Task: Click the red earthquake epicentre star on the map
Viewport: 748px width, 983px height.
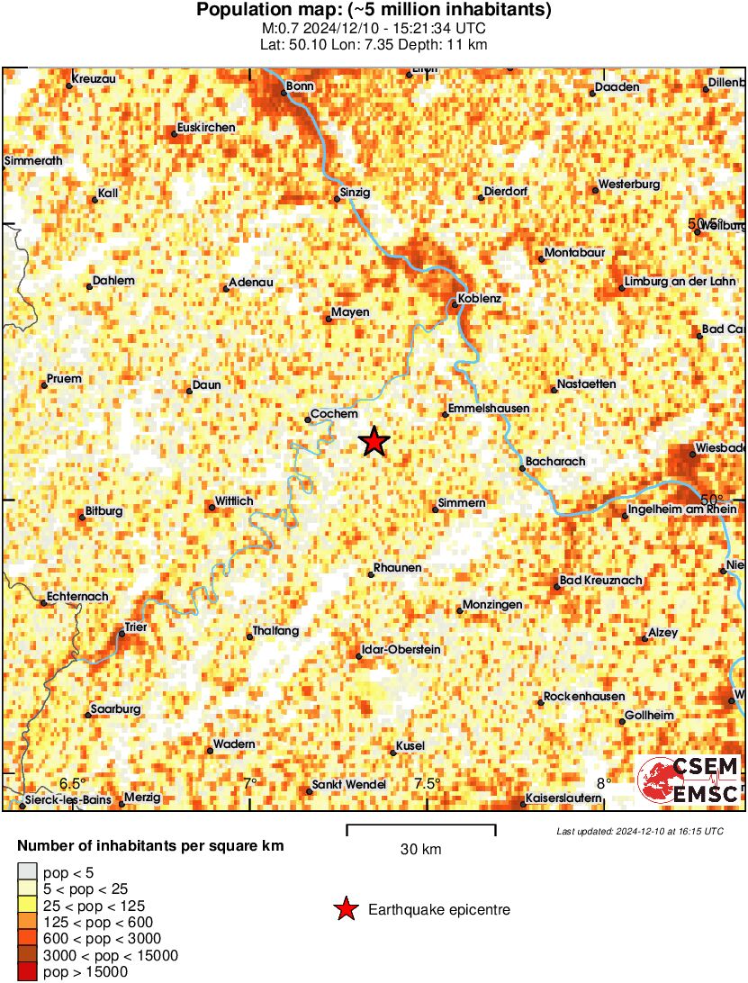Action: [x=374, y=442]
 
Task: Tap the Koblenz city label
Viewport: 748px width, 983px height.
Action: [x=480, y=298]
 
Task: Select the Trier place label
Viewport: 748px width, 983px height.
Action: [x=136, y=627]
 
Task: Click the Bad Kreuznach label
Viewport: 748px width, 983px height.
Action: [x=601, y=581]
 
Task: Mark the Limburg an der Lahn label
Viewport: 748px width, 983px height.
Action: [x=680, y=282]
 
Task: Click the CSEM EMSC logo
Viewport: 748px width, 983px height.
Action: [x=689, y=780]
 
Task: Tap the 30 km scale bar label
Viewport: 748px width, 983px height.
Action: [x=420, y=849]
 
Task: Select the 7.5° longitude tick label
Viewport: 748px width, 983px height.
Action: [x=428, y=782]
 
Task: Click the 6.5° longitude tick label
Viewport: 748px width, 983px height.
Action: [x=72, y=782]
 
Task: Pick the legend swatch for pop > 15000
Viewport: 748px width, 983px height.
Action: [x=28, y=972]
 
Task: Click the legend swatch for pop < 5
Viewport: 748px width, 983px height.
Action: [x=28, y=870]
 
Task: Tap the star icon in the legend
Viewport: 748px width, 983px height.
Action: [x=345, y=910]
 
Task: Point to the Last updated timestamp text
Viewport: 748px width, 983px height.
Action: [x=639, y=831]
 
